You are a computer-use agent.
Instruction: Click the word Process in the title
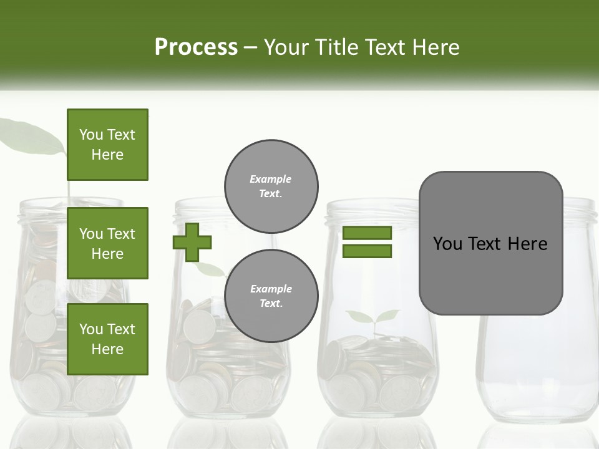[x=196, y=47]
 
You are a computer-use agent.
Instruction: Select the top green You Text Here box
[x=107, y=145]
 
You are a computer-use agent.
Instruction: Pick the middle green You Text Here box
[x=107, y=243]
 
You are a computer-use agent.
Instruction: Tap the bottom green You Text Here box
[x=107, y=339]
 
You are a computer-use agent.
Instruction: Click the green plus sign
[x=192, y=242]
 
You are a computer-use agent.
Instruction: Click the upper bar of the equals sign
[x=367, y=233]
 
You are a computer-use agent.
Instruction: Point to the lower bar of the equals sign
[x=367, y=251]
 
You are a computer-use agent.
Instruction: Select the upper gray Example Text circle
[x=271, y=186]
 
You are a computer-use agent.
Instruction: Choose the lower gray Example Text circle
[x=271, y=296]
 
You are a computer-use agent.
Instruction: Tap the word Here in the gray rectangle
[x=527, y=244]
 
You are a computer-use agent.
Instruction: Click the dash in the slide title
[x=250, y=47]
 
